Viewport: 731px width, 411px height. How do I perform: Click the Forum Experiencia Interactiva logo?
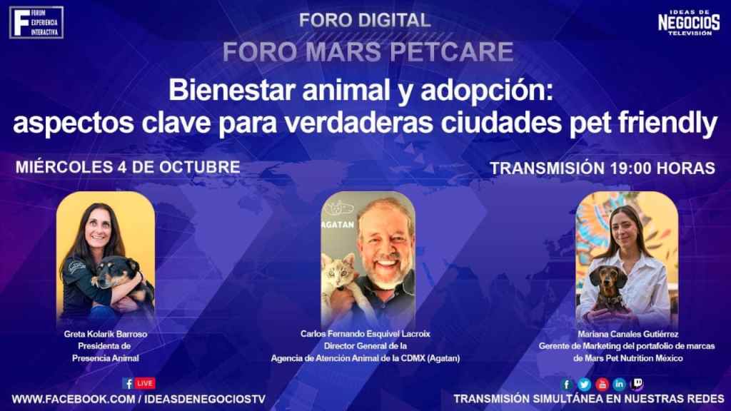[x=36, y=22]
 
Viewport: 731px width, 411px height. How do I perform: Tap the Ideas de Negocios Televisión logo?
[x=689, y=22]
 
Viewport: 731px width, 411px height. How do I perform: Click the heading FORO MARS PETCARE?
[x=368, y=51]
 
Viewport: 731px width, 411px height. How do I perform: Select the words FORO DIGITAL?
[x=365, y=20]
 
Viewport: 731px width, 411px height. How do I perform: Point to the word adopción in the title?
[x=487, y=91]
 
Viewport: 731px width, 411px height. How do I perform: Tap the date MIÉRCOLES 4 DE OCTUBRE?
[x=128, y=167]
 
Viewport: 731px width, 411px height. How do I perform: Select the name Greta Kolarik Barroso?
[x=106, y=334]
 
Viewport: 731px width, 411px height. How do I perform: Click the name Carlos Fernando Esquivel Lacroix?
[x=365, y=334]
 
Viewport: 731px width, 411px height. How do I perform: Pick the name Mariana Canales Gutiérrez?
[x=628, y=334]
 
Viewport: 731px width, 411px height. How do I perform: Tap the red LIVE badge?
[x=144, y=383]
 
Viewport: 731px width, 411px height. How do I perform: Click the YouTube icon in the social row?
[x=602, y=385]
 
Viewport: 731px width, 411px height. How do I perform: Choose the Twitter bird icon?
[x=584, y=385]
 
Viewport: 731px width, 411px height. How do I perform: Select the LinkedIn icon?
[x=619, y=384]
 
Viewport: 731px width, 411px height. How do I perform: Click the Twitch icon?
[x=636, y=384]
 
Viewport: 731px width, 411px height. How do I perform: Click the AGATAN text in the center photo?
[x=338, y=225]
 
